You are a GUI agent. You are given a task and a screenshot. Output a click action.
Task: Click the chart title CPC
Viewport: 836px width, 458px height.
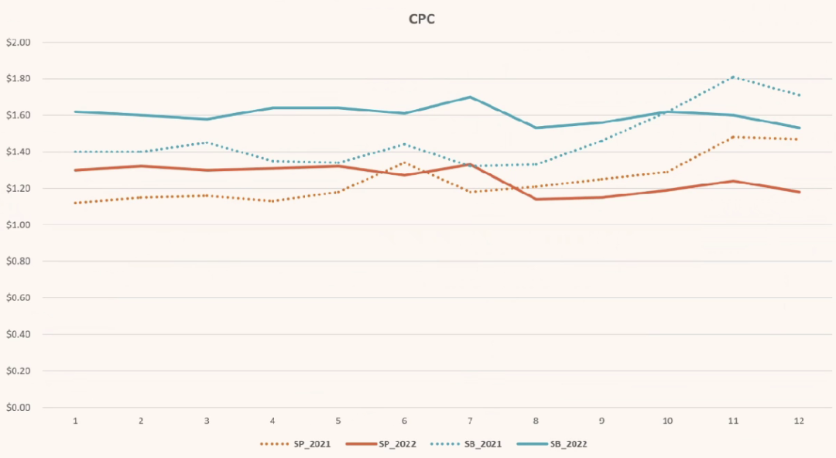point(422,19)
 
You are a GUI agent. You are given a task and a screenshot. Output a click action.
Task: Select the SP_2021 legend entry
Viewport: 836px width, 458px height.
point(296,444)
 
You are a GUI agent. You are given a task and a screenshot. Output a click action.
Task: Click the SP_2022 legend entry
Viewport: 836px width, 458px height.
point(381,444)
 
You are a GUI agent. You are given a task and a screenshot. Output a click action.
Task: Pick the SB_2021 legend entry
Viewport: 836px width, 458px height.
point(466,444)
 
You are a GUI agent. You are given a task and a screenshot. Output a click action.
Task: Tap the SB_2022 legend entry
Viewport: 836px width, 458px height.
point(552,444)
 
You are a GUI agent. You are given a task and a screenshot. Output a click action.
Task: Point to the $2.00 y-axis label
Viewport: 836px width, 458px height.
point(18,42)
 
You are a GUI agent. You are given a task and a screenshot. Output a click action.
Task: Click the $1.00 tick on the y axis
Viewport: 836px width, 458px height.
point(18,225)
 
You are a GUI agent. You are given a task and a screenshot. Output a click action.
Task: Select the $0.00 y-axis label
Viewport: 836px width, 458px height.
point(18,408)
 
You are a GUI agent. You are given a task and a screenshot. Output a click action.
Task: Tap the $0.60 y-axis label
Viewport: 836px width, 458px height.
point(18,298)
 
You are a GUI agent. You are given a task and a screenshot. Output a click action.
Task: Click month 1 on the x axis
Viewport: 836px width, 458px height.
point(75,421)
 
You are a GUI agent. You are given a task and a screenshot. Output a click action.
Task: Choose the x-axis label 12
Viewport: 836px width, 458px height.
point(799,421)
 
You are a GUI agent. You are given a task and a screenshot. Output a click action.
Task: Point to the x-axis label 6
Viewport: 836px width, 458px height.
point(404,421)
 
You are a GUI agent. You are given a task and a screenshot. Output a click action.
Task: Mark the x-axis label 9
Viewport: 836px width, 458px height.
point(601,421)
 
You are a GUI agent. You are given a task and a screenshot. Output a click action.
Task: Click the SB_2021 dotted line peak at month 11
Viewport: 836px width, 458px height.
point(734,77)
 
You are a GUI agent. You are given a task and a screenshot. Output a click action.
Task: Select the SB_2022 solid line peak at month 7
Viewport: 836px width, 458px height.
point(470,97)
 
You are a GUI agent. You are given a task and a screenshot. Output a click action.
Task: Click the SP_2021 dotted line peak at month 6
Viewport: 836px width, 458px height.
point(404,162)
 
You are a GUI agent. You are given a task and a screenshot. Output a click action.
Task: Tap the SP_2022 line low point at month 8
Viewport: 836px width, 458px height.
point(536,200)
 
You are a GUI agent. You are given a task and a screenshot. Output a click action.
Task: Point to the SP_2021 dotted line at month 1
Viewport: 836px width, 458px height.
point(75,203)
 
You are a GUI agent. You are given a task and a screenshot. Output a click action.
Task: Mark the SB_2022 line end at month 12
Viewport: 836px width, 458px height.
point(799,128)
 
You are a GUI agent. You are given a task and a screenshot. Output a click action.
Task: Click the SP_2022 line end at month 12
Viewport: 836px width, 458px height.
point(799,192)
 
